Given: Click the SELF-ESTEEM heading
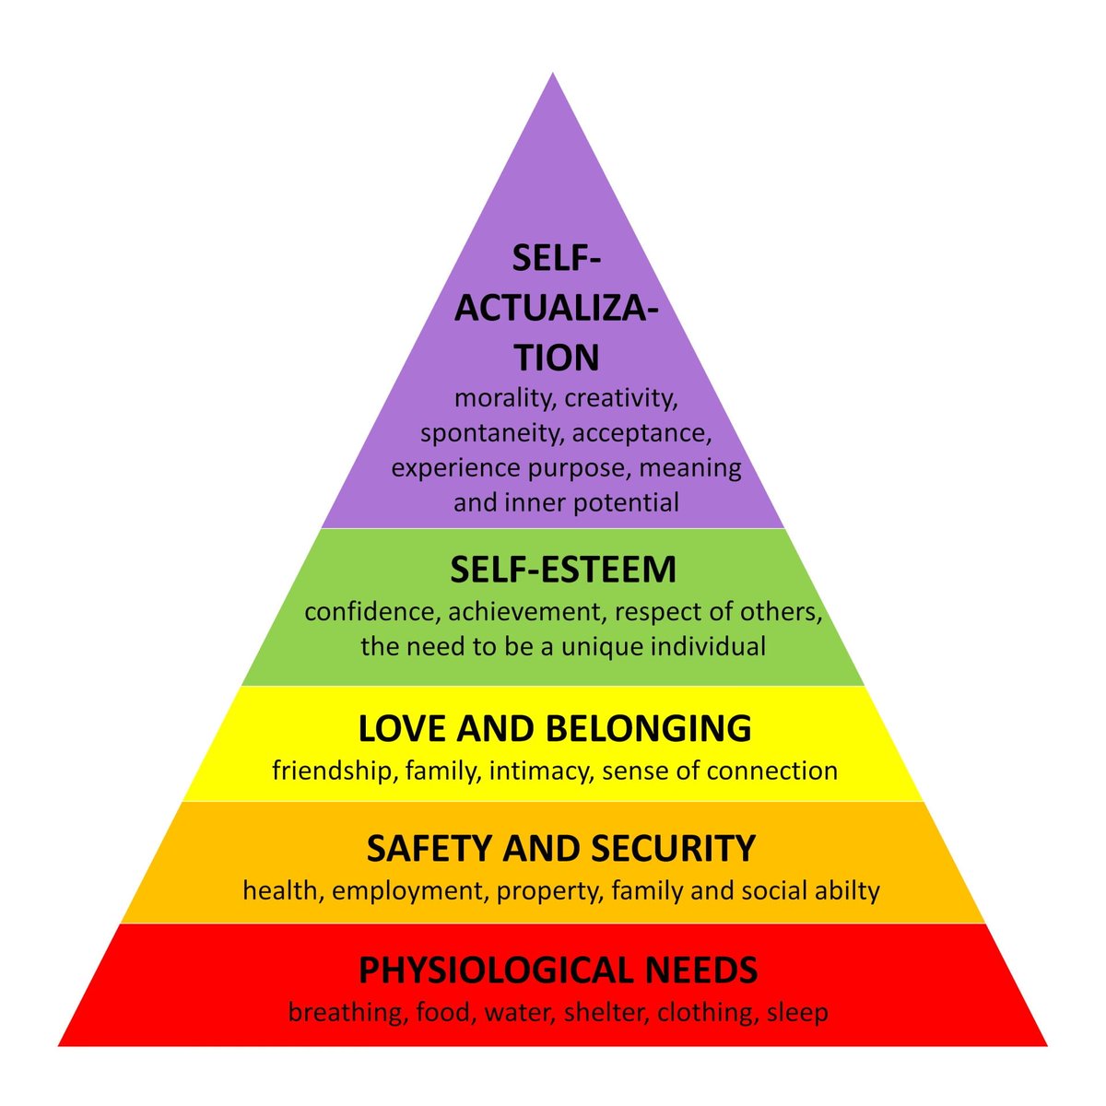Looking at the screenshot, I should pyautogui.click(x=563, y=570).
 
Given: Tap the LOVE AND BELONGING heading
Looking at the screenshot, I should pyautogui.click(x=555, y=729).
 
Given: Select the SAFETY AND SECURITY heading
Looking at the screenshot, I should pyautogui.click(x=561, y=848).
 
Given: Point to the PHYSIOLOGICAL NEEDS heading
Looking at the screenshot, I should pyautogui.click(x=559, y=971).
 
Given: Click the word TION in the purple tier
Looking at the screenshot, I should pyautogui.click(x=557, y=358).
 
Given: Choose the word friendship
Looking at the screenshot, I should pyautogui.click(x=333, y=771).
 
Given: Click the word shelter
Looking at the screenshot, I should pyautogui.click(x=589, y=1013).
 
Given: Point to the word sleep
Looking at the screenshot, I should pyautogui.click(x=797, y=1013).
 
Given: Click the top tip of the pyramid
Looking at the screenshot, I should pyautogui.click(x=553, y=76).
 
